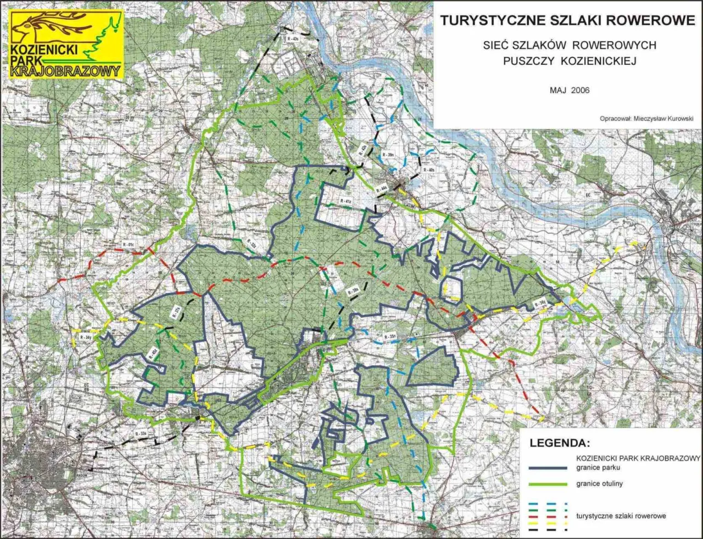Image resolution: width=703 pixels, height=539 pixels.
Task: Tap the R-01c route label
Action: [x=130, y=244]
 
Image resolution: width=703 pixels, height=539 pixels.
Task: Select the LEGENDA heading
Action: [x=559, y=442]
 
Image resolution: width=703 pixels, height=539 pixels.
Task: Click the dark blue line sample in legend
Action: [x=544, y=468]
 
